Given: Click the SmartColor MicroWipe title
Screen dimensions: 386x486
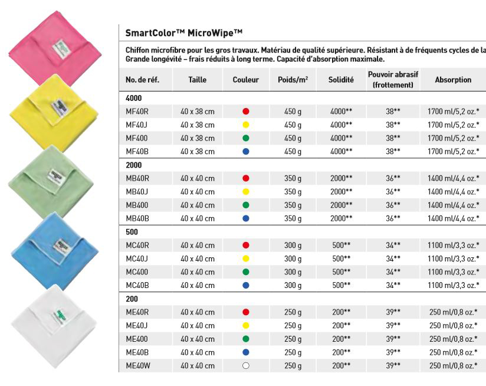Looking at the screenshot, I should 184,33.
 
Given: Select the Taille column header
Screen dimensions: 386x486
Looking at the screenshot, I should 198,80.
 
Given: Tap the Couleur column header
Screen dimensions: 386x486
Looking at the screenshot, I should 246,80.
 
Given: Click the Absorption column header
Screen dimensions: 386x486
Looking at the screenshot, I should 453,80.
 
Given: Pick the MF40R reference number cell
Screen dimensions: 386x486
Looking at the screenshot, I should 137,112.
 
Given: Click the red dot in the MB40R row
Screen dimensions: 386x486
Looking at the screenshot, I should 246,178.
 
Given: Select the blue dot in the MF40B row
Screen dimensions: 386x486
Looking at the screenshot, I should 246,152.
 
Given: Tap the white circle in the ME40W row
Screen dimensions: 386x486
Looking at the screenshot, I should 246,366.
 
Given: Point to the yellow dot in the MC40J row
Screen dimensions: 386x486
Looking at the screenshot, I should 246,259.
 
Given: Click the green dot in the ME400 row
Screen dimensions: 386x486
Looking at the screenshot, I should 246,339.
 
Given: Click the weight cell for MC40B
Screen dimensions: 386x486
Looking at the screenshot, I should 293,286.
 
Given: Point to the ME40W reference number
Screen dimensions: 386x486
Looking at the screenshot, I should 137,366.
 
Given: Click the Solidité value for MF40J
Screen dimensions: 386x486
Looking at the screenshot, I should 341,125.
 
